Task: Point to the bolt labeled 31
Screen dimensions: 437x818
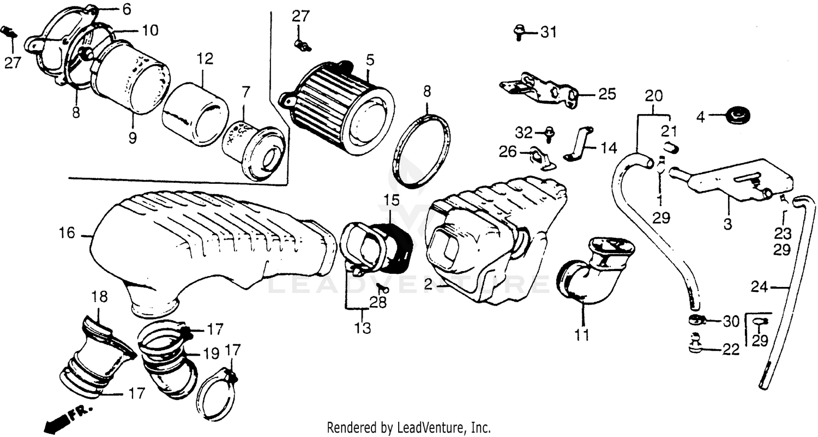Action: pyautogui.click(x=518, y=32)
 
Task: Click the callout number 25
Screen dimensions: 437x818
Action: pyautogui.click(x=606, y=94)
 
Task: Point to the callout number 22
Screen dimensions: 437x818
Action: pyautogui.click(x=731, y=350)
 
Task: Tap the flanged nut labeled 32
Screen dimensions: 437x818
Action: pyautogui.click(x=548, y=133)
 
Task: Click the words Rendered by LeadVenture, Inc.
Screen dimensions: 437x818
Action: pyautogui.click(x=408, y=427)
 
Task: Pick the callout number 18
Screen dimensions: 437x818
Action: pyautogui.click(x=99, y=297)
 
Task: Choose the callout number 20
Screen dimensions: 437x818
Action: pyautogui.click(x=654, y=97)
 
